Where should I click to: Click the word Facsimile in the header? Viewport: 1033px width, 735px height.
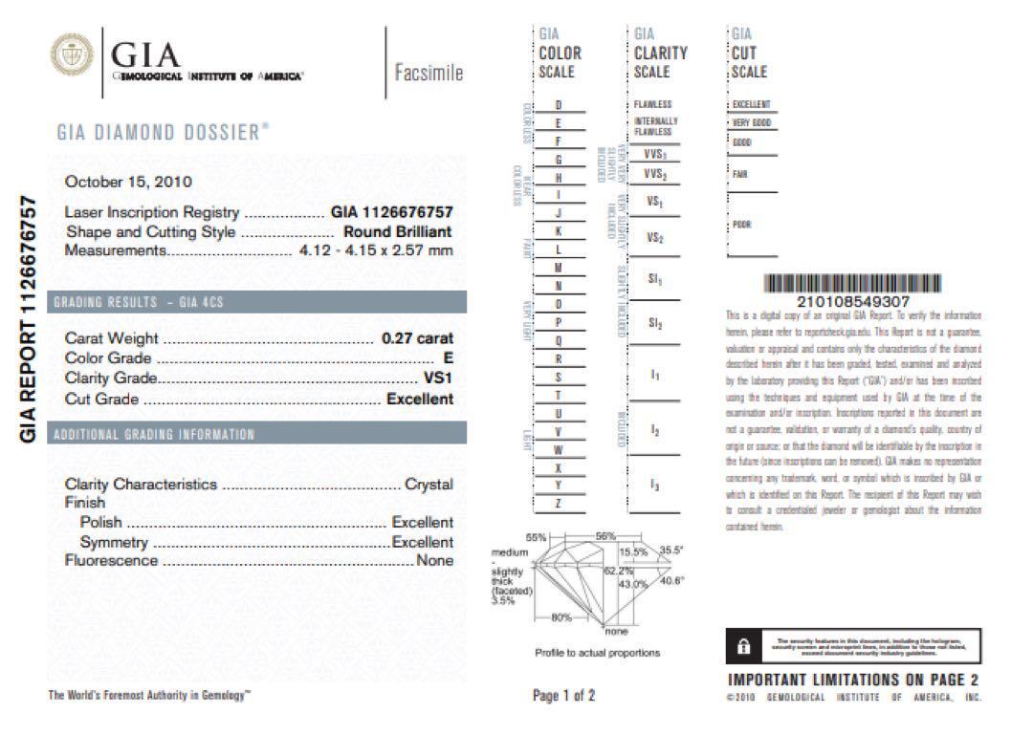pos(429,73)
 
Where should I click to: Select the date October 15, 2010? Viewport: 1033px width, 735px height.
pos(128,181)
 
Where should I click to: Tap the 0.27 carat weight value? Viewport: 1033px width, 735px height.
pos(417,337)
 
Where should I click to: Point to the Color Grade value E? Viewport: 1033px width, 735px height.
pos(449,357)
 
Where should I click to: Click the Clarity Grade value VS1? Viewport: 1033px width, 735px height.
pos(438,378)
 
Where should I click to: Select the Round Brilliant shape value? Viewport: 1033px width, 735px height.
pos(398,231)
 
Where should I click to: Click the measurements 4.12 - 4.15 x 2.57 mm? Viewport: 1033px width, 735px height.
pos(370,250)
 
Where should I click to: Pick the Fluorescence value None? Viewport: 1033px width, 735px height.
pos(434,560)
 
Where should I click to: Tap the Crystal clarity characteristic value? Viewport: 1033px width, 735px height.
pos(429,484)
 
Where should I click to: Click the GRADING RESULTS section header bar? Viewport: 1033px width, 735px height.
pos(256,302)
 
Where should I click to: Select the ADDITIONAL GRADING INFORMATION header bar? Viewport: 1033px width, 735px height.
pos(256,434)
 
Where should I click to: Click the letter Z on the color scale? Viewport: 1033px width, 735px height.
pos(558,503)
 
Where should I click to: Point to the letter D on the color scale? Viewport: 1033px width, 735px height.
pos(559,104)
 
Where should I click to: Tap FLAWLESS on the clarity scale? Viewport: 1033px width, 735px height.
pos(652,104)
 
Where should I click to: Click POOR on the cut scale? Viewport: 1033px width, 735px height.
pos(741,226)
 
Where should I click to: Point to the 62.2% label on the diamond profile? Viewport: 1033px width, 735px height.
pos(614,570)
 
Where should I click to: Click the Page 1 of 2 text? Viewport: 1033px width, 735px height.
pos(563,696)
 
